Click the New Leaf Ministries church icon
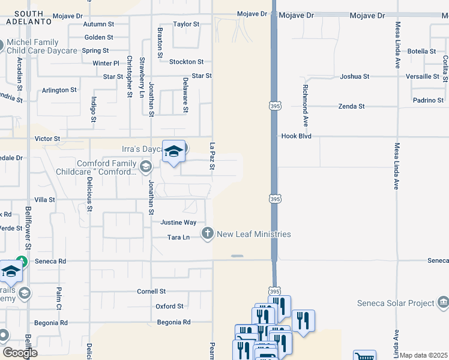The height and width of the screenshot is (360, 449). [x=207, y=233]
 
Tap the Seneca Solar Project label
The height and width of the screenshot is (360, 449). [x=396, y=303]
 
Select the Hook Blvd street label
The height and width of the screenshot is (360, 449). [x=297, y=137]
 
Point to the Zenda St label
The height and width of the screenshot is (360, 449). [x=351, y=106]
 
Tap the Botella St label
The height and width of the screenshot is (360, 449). [x=421, y=52]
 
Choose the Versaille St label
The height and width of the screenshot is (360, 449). [x=423, y=77]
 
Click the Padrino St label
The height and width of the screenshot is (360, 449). [x=429, y=101]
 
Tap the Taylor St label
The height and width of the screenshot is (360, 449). [x=185, y=25]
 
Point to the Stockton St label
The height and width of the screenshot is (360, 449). [x=186, y=62]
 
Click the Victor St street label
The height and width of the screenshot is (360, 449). [x=48, y=139]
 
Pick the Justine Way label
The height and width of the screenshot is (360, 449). [x=178, y=223]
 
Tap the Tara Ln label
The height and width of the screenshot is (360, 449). [x=178, y=238]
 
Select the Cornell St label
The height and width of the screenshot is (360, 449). [x=151, y=292]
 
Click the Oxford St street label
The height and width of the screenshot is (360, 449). [x=169, y=307]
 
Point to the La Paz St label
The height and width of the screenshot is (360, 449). [x=212, y=156]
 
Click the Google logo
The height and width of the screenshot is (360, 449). [x=20, y=353]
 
